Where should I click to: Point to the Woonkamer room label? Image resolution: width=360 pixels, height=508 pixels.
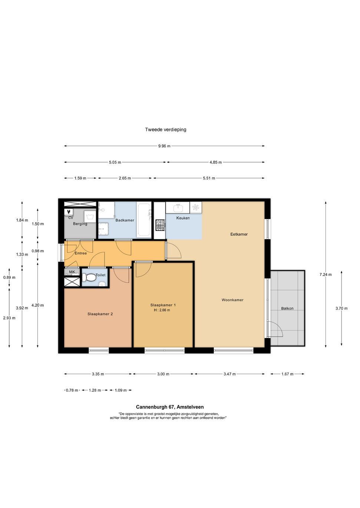point(232,300)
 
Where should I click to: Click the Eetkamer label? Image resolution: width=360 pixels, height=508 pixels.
point(239,234)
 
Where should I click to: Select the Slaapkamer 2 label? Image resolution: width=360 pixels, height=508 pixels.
point(100,314)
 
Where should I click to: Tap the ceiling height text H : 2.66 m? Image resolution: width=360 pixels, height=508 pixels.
point(162,310)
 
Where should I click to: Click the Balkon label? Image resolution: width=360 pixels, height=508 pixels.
point(287,308)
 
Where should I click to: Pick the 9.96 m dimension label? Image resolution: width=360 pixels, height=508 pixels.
point(164,146)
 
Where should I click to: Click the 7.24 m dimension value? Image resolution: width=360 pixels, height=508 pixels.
point(326,275)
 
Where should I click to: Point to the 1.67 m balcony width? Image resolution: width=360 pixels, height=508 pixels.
point(287,374)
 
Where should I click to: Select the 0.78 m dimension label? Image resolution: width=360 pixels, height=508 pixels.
point(72,390)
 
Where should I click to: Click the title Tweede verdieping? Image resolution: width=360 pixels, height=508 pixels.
point(166,130)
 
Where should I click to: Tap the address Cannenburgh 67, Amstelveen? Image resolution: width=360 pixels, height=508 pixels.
point(170,407)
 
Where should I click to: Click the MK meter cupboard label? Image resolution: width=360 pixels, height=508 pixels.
point(72,272)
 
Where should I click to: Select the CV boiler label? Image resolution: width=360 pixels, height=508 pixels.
point(71,218)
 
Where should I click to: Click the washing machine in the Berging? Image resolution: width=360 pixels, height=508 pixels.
point(90,217)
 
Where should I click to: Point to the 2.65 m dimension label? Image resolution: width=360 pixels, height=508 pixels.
point(125,178)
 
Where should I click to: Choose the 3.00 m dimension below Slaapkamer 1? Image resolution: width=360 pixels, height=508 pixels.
point(163,374)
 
